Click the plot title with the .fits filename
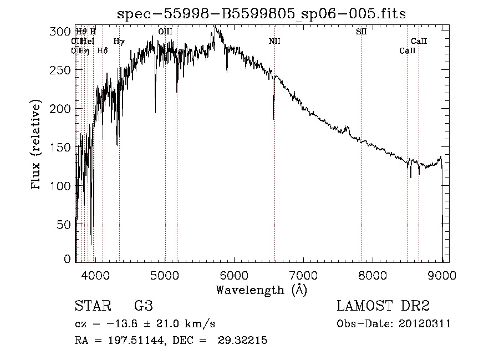(261, 14)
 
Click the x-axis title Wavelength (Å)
(261, 290)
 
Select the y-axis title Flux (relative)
(37, 145)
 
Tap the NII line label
(275, 42)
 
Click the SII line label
(361, 32)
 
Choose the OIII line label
(165, 32)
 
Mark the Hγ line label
(119, 42)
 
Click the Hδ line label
(102, 51)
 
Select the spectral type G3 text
(143, 306)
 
